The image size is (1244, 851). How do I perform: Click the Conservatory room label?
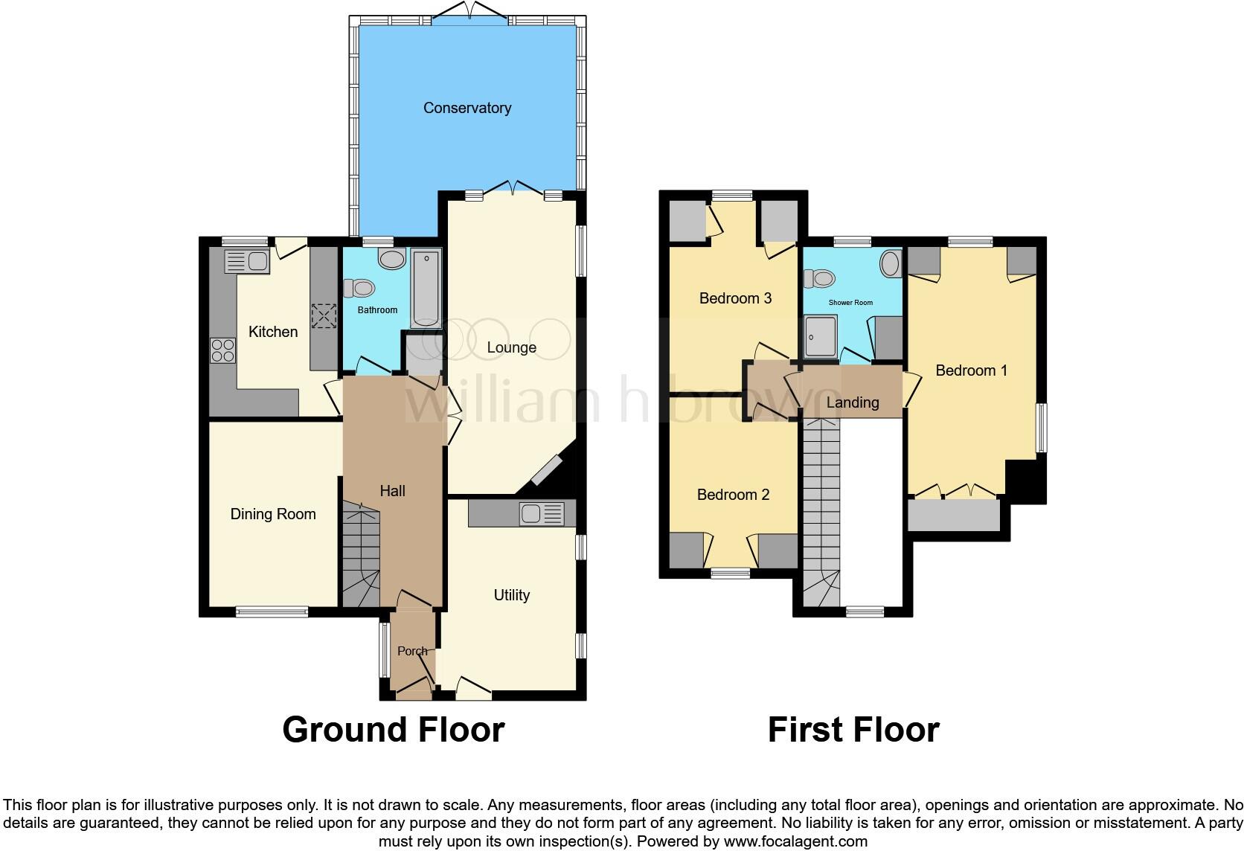coord(467,108)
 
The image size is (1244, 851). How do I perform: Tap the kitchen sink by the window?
coord(247,263)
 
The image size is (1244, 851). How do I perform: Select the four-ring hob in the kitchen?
coord(222,350)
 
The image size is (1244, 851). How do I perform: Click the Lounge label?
coord(511,347)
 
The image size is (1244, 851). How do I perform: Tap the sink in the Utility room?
coord(542,513)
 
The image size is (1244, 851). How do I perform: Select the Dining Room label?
coord(272,514)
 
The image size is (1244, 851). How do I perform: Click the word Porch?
coord(412,651)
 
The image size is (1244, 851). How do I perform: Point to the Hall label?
coord(392,491)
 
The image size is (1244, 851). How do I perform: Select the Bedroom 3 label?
coord(735,298)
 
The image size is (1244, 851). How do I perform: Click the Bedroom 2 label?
coord(733,495)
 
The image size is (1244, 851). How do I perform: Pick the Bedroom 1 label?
coord(971,370)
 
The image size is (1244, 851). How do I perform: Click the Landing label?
coord(853,402)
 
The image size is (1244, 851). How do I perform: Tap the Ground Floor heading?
coord(393,730)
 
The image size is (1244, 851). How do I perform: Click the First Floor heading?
coord(853,730)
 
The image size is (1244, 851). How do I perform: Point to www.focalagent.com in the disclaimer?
coord(795,842)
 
